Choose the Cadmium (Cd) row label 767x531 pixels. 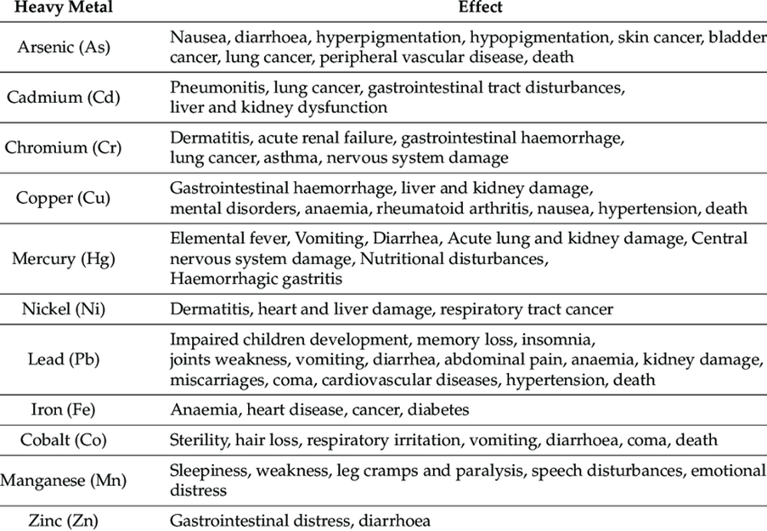coord(63,97)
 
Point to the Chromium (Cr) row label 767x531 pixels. coord(63,148)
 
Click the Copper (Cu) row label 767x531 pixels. coord(63,198)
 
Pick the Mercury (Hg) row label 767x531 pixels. coord(63,258)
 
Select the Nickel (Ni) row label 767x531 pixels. coord(63,308)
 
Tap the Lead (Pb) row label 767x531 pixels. coord(63,358)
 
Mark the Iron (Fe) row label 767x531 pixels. coord(63,410)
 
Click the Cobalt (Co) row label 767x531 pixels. coord(63,440)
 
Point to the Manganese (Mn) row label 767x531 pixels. coord(63,480)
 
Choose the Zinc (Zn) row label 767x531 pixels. coord(63,520)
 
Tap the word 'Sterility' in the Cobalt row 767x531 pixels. coord(198,440)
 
